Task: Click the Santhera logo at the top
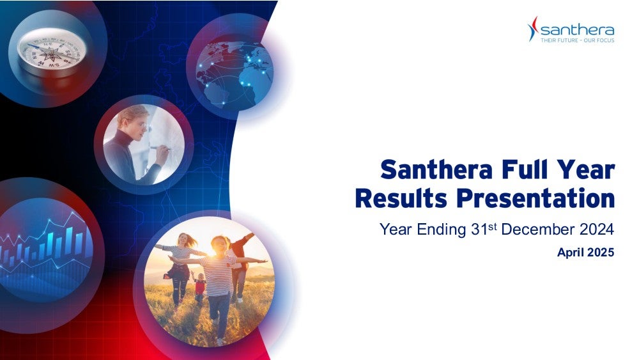click(571, 29)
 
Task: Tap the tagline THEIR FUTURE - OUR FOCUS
click(578, 40)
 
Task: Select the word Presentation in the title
click(535, 199)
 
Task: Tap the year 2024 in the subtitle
click(597, 229)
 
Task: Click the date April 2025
click(585, 253)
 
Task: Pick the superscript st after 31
click(493, 226)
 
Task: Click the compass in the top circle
click(51, 51)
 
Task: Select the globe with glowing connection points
click(235, 72)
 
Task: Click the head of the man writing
click(134, 120)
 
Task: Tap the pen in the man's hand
click(160, 148)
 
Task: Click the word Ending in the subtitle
click(441, 230)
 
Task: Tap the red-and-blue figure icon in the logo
click(533, 29)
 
